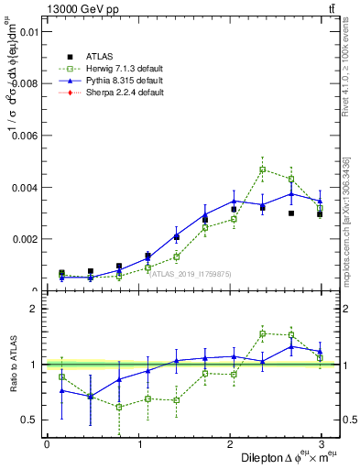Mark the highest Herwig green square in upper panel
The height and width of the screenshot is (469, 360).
click(x=262, y=169)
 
